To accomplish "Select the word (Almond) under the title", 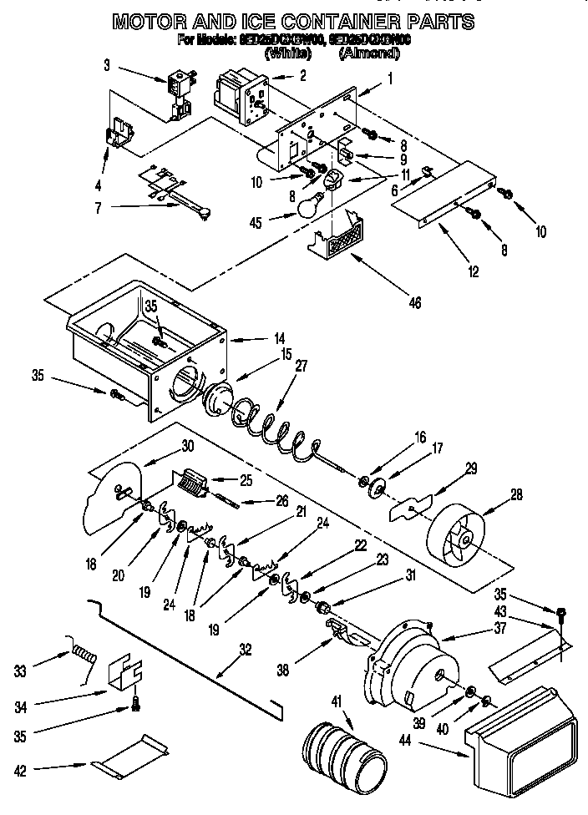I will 368,54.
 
